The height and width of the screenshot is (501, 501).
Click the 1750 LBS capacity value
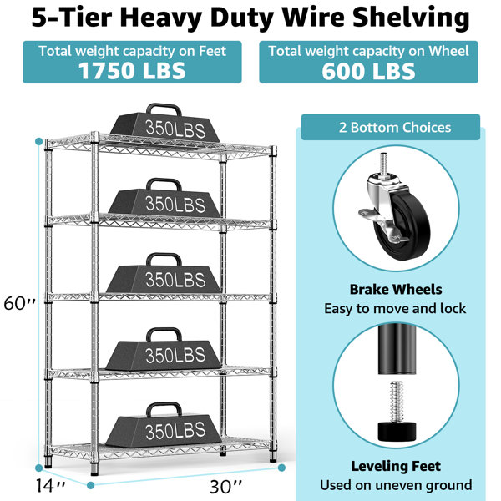pos(132,71)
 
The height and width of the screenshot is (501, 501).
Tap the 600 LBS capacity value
pos(368,71)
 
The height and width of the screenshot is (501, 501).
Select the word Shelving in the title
pos(411,18)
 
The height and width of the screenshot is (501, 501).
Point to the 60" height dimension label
pos(19,303)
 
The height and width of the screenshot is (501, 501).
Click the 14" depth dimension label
pos(50,485)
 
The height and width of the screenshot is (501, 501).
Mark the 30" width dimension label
pos(226,487)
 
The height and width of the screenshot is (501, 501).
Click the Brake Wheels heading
pos(396,290)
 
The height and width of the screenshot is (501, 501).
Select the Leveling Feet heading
pos(396,466)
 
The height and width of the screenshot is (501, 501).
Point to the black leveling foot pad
pos(397,430)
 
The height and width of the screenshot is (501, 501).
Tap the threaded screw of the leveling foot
pos(397,401)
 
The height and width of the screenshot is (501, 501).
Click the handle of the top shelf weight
pos(164,109)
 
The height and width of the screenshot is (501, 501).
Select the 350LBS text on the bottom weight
pos(175,430)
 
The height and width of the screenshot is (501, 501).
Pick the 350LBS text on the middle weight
pos(175,280)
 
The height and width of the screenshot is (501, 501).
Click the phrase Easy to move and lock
pos(395,309)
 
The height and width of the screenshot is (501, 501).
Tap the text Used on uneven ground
pos(396,485)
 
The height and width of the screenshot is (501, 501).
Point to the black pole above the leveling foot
pos(397,348)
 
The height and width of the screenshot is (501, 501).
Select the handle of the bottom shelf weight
pos(164,408)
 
